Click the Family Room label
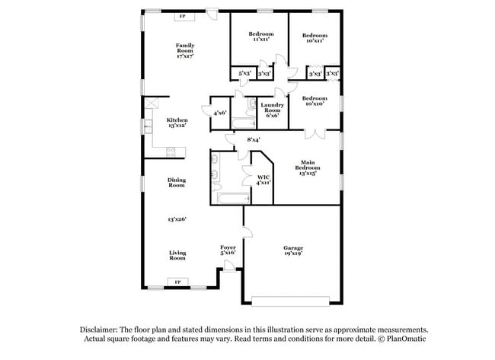(x=184, y=50)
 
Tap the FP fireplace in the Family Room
(x=181, y=16)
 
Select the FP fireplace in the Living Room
(x=177, y=282)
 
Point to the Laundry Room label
(x=272, y=110)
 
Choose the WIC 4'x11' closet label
(x=263, y=180)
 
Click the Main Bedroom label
(x=308, y=167)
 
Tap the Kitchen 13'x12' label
(x=177, y=123)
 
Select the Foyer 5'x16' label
(x=228, y=250)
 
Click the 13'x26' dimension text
(x=177, y=219)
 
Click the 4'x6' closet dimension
(x=220, y=113)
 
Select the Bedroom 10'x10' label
(x=314, y=101)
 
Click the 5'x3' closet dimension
(x=244, y=73)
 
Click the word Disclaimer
(x=103, y=330)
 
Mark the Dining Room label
(x=177, y=183)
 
